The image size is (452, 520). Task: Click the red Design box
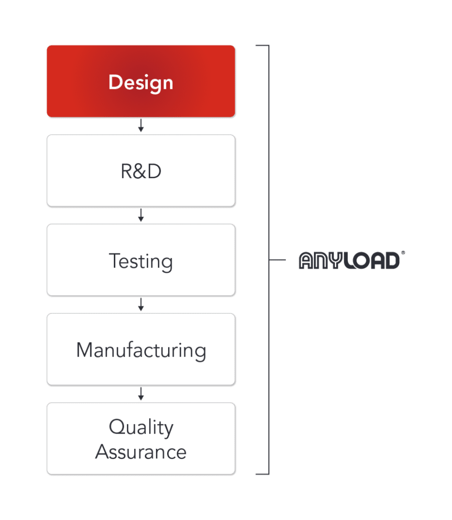[141, 81]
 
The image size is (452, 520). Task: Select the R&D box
[141, 171]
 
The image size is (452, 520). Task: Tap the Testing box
[141, 260]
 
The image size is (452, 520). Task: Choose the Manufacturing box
[141, 349]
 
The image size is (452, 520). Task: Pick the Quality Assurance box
[141, 439]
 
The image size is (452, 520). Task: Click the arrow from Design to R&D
[141, 125]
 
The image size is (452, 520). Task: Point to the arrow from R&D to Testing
[141, 215]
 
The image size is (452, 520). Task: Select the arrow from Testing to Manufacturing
[141, 304]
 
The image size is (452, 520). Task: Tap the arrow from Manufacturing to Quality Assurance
[141, 394]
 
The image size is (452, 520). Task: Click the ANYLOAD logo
[351, 260]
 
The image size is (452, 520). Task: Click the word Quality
[141, 428]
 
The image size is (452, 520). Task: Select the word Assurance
[141, 451]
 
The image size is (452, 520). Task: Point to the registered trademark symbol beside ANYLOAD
[403, 253]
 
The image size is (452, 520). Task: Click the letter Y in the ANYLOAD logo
[336, 261]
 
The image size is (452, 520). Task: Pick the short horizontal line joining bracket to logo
[277, 259]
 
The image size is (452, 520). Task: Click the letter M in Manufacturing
[84, 350]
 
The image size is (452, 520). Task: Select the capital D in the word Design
[115, 82]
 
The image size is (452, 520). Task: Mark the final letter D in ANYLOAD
[393, 261]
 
